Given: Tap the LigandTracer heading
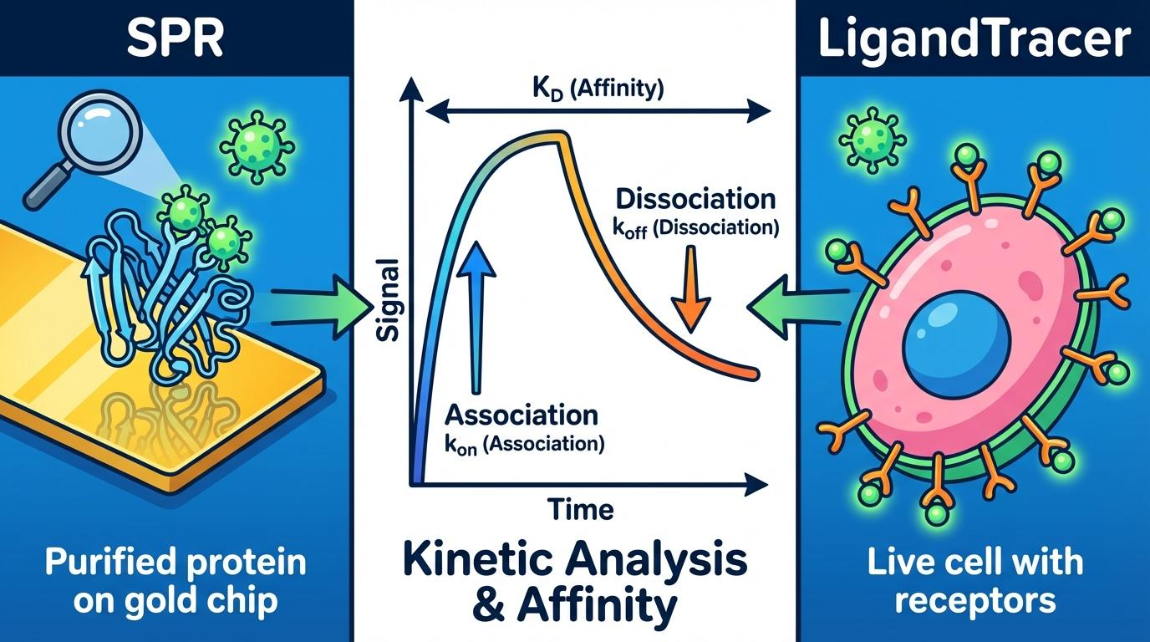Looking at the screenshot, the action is (974, 38).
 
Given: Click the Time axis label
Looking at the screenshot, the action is (581, 508).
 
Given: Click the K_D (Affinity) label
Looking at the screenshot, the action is (597, 89).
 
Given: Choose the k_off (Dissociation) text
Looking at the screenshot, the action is (696, 227).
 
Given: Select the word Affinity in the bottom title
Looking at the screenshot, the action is (597, 607).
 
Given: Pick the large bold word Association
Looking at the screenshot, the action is (522, 415).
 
